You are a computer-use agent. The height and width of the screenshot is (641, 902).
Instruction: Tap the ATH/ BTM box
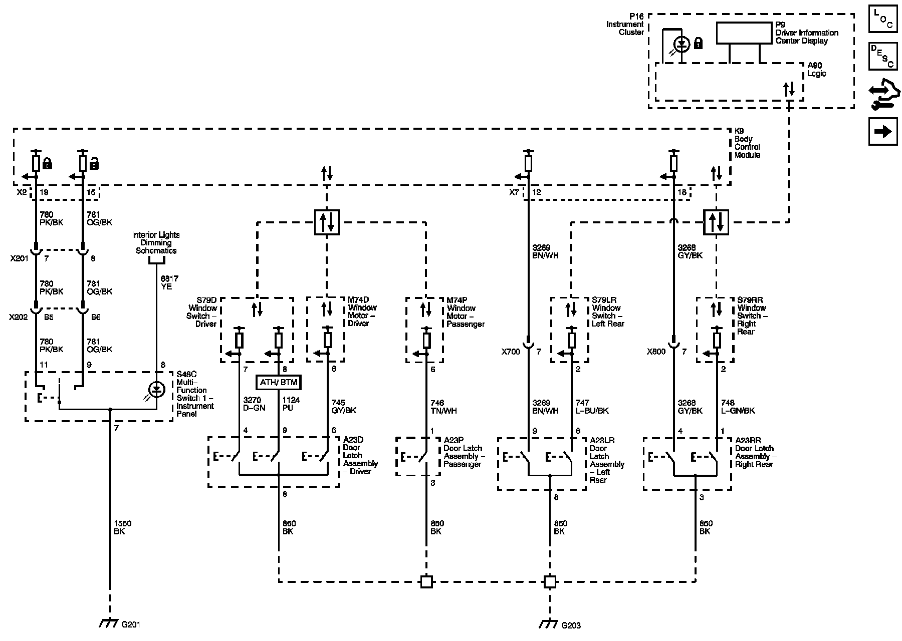click(x=279, y=383)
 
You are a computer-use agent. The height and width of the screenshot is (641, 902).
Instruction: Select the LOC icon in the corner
click(x=883, y=19)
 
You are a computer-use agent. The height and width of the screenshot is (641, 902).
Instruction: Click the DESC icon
click(x=883, y=57)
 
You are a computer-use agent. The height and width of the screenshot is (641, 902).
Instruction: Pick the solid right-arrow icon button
click(x=883, y=132)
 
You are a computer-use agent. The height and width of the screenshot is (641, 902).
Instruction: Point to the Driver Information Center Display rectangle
click(x=744, y=34)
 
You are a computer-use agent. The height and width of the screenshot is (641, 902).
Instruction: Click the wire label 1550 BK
click(x=122, y=527)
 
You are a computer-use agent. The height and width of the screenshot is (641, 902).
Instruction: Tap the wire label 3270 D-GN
click(x=254, y=404)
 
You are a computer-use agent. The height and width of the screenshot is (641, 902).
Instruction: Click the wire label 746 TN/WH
click(x=443, y=407)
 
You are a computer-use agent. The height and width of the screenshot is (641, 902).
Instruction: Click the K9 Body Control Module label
click(x=747, y=143)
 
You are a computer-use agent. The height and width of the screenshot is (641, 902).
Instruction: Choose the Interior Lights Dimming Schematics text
click(x=156, y=242)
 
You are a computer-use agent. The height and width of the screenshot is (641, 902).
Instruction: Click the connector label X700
click(x=511, y=352)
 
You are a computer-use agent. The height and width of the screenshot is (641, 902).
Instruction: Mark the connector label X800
click(x=656, y=352)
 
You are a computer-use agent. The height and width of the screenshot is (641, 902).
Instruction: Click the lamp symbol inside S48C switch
click(x=157, y=388)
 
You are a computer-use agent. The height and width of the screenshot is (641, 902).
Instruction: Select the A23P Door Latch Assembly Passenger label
click(x=463, y=452)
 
